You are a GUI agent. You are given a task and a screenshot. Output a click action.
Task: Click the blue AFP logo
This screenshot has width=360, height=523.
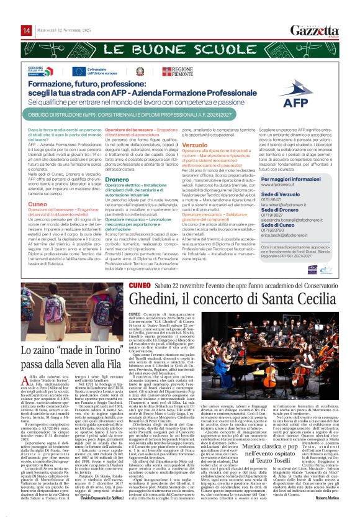coord(313,99)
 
